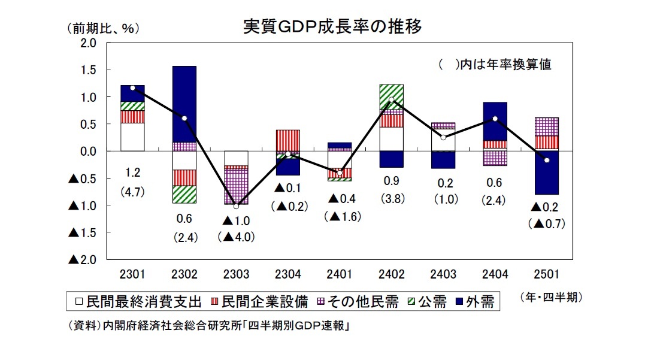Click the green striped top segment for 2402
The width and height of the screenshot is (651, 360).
coord(391,96)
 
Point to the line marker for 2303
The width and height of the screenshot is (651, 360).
coord(236,207)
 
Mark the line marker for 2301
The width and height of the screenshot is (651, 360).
coord(132,88)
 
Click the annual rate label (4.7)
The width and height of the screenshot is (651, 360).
coord(132,193)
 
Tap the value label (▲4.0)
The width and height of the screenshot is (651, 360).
coord(236,237)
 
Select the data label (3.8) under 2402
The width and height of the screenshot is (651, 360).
coord(391,199)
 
